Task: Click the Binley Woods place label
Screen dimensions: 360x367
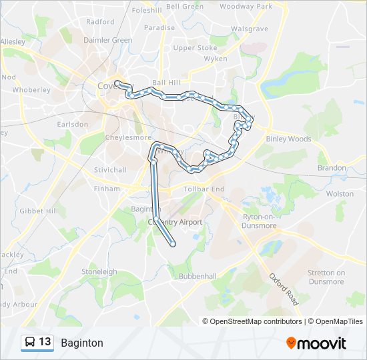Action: pos(288,139)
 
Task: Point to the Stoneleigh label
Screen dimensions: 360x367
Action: pos(99,272)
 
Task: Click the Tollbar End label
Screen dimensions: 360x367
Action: pos(208,189)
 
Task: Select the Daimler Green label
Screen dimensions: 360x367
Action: pos(107,40)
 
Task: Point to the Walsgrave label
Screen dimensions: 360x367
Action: pos(249,29)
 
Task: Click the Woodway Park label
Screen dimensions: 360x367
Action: pos(246,6)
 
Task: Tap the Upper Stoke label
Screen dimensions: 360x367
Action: pos(195,48)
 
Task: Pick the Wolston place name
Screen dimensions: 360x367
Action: pos(340,193)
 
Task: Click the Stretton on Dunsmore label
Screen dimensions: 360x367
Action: pos(326,277)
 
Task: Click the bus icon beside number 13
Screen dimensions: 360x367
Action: pos(30,343)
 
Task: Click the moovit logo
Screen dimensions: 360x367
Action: pos(316,343)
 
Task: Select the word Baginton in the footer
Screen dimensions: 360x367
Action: pos(82,343)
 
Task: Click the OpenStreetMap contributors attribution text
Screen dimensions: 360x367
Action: pos(256,321)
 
